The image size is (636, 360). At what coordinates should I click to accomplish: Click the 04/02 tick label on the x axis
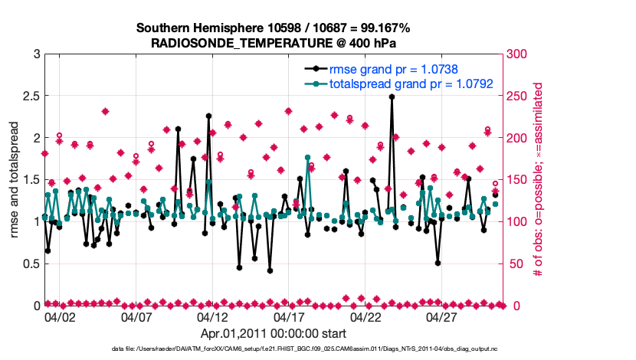click(x=60, y=316)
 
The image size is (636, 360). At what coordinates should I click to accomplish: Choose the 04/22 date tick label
click(x=366, y=316)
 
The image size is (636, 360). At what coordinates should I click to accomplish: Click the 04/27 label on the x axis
click(x=442, y=316)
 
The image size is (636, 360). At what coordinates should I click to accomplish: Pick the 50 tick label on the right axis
click(x=514, y=263)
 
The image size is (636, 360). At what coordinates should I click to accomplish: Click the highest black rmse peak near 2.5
click(x=392, y=97)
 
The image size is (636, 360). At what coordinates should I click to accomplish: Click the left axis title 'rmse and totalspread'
click(x=15, y=180)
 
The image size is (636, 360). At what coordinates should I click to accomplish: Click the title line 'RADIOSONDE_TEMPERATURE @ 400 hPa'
click(x=273, y=43)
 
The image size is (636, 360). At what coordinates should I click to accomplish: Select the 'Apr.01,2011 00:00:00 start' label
click(x=273, y=333)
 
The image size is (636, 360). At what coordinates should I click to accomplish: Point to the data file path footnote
click(x=273, y=349)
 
